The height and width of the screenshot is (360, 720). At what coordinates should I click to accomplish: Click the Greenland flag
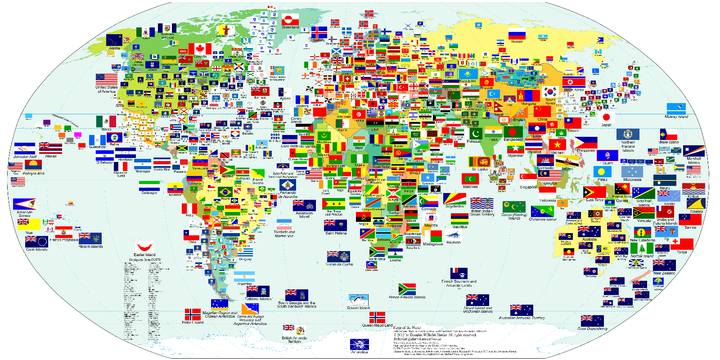[x=290, y=20]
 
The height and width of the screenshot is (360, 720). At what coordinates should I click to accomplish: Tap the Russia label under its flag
[x=517, y=41]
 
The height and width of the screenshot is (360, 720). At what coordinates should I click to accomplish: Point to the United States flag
[x=107, y=80]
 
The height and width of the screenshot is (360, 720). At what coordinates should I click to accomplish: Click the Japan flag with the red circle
[x=606, y=117]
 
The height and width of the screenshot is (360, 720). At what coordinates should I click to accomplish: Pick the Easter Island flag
[x=144, y=247]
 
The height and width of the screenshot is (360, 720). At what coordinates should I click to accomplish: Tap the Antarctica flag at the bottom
[x=359, y=344]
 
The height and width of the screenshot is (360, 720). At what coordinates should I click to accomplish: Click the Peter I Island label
[x=193, y=322]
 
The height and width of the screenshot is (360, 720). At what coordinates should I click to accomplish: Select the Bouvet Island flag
[x=359, y=300]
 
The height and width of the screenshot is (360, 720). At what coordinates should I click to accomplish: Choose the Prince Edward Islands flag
[x=407, y=289]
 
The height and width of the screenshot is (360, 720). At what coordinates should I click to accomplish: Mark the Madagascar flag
[x=433, y=236]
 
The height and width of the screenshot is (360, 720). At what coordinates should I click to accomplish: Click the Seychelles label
[x=454, y=206]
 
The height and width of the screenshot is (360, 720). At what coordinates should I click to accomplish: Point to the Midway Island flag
[x=676, y=109]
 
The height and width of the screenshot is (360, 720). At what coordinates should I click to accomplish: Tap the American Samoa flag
[x=24, y=204]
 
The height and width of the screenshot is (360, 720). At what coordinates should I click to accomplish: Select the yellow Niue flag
[x=29, y=225]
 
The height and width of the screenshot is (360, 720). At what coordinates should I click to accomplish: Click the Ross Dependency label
[x=592, y=328]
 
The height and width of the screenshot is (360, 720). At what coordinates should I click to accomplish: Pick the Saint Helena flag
[x=335, y=225]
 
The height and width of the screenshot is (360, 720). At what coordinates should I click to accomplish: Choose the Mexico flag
[x=106, y=121]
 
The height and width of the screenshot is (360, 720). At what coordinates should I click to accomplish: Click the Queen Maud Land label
[x=377, y=325]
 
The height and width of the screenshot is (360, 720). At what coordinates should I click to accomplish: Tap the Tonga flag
[x=682, y=244]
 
